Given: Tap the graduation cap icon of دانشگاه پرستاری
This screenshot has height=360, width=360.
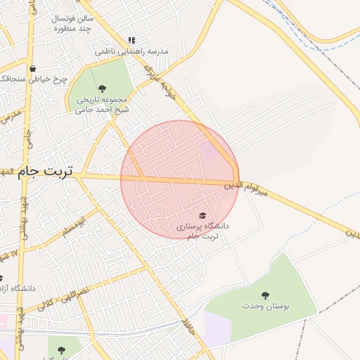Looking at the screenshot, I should [x=203, y=215].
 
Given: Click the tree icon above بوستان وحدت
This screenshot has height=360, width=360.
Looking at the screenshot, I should [x=265, y=295].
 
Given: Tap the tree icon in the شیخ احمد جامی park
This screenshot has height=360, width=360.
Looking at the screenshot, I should [x=103, y=89].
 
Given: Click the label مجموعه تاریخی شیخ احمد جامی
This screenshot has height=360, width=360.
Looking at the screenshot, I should [x=103, y=104].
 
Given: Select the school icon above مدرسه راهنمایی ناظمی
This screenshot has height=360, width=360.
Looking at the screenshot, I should [x=131, y=41].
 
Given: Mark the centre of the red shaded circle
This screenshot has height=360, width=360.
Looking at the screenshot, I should [x=180, y=180].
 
